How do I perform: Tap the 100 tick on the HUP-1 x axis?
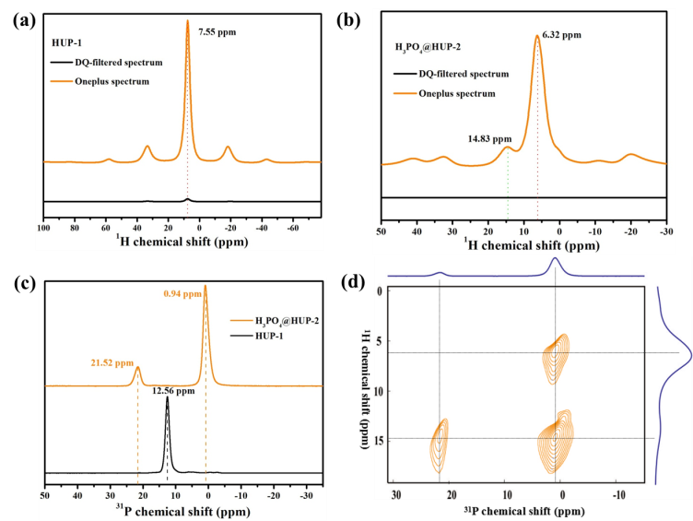[42, 225]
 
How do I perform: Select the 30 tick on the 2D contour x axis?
[396, 495]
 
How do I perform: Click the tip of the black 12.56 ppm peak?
[168, 397]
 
